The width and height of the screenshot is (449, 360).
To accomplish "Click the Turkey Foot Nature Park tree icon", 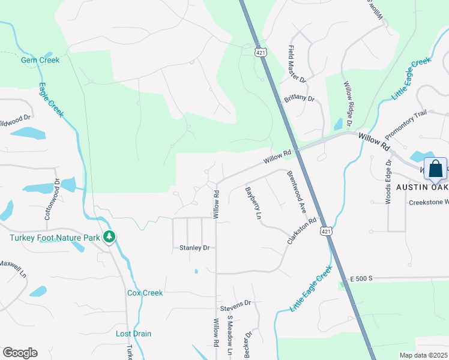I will point(109,238).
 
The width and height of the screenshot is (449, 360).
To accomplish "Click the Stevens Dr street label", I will point(235,304).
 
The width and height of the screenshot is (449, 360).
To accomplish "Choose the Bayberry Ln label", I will point(254,203).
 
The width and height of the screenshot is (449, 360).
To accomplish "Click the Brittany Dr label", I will point(300,99).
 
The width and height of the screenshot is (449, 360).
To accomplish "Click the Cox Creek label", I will point(145,293).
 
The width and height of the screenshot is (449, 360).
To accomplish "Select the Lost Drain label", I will point(133,334).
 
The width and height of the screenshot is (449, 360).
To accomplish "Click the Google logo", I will point(20,353).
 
